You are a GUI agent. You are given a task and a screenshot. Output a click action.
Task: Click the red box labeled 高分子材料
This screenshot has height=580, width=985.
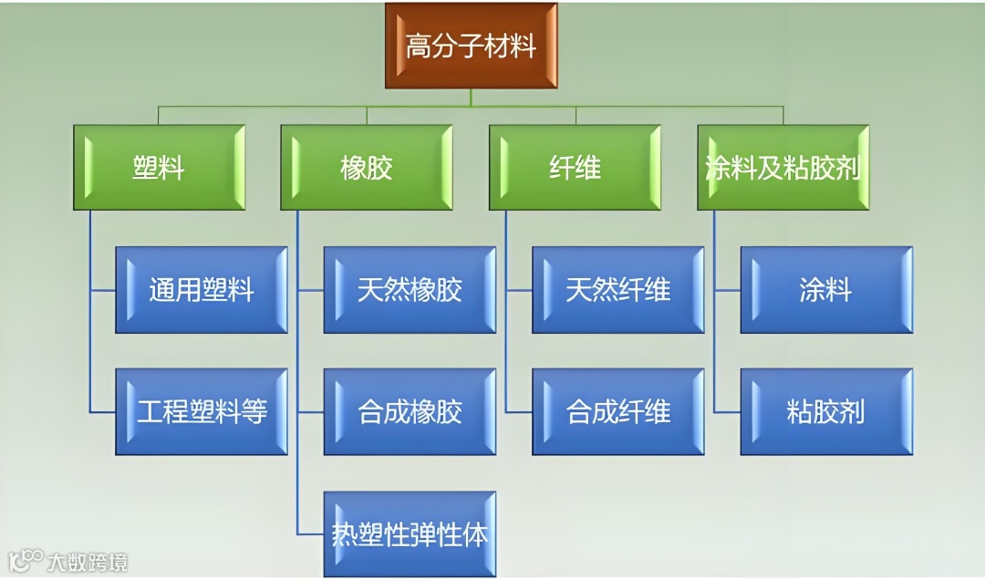(x=471, y=46)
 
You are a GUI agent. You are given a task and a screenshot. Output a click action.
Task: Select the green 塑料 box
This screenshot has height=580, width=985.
(x=159, y=168)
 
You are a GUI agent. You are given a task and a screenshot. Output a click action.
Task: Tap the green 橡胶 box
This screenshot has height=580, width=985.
(x=367, y=168)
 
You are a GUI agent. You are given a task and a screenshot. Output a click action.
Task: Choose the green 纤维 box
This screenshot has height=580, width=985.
(x=575, y=168)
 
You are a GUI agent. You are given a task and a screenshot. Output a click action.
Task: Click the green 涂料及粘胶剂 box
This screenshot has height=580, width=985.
(x=783, y=168)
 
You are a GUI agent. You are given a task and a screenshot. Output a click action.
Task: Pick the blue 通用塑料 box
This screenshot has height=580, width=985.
(x=202, y=290)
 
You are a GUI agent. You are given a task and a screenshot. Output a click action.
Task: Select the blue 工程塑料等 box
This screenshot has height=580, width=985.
(x=202, y=411)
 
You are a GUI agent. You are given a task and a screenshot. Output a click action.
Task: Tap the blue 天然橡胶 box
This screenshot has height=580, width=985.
(x=410, y=290)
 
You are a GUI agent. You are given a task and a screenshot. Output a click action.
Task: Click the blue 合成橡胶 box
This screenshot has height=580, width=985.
(x=410, y=411)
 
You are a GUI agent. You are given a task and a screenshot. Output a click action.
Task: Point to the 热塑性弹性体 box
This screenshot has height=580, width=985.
(x=410, y=533)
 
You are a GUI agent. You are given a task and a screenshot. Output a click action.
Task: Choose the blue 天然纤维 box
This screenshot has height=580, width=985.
(x=618, y=290)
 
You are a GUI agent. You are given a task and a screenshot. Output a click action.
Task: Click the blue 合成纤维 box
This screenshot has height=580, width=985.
(x=618, y=411)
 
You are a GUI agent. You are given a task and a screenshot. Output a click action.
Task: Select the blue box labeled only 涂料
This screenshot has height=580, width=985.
(x=826, y=290)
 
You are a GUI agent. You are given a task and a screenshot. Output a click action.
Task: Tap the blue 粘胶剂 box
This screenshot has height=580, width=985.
(x=826, y=411)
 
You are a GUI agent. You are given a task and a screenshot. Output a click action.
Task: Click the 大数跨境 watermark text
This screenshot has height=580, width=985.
(x=88, y=561)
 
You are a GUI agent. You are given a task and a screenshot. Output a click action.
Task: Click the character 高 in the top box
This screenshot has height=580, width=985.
(x=419, y=47)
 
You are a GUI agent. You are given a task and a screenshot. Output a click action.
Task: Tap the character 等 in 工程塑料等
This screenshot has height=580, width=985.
(x=254, y=412)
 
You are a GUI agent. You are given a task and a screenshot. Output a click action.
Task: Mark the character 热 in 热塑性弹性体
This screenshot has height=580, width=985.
(x=345, y=534)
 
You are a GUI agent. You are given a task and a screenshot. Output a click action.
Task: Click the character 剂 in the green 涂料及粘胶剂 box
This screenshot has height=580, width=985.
(x=848, y=169)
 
